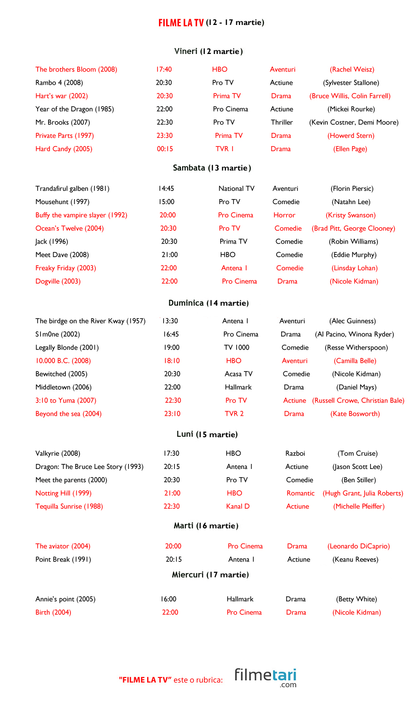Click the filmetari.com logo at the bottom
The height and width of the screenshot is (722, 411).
265,677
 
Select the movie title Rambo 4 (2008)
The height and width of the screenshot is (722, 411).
59,83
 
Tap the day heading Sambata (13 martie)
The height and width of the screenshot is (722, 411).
212,168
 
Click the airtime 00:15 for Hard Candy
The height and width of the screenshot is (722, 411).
165,149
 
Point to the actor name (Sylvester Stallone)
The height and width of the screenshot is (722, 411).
351,83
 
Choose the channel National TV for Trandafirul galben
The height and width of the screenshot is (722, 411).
236,189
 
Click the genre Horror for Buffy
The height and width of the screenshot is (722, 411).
284,215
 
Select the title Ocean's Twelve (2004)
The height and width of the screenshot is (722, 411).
69,228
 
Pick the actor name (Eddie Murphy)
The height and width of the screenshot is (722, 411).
354,255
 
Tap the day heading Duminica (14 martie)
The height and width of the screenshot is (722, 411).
208,303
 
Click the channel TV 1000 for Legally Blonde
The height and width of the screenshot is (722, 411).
237,347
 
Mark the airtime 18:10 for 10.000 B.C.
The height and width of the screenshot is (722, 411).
172,361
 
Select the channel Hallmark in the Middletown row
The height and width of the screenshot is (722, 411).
238,387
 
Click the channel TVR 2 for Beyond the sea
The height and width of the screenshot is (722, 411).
234,414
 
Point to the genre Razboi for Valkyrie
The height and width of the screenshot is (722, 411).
295,454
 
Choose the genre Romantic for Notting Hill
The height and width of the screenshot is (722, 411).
300,493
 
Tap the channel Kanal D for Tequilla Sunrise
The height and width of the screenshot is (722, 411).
238,506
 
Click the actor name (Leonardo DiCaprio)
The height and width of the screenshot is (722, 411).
358,546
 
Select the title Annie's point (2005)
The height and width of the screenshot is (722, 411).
65,599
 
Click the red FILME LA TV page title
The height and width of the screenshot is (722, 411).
181,23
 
